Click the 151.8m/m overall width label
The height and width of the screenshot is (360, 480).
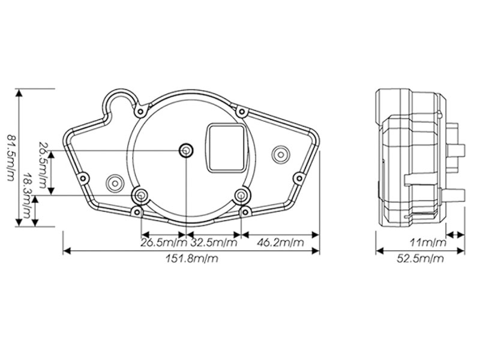191,259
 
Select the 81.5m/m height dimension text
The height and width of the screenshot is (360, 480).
11,158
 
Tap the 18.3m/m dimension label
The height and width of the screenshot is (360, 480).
28,196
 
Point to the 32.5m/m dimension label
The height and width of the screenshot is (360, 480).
214,243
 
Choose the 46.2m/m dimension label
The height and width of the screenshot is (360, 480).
280,243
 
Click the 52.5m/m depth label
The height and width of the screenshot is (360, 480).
420,259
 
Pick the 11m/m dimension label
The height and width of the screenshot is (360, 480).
428,243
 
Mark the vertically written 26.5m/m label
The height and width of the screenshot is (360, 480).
43,165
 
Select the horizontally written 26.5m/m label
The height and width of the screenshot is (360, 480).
164,243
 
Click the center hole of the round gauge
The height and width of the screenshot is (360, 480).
186,151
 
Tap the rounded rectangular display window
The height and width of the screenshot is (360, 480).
226,148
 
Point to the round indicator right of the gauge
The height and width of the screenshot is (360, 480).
280,155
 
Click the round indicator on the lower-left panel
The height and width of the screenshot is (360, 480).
115,184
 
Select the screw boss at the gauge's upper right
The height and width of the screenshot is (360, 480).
242,112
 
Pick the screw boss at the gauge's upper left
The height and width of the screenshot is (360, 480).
140,112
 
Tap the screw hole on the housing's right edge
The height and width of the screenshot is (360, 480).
299,178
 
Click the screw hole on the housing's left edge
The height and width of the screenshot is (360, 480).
83,178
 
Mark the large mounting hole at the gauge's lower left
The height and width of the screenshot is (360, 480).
141,195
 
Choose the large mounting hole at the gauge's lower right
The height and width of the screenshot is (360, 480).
242,195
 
